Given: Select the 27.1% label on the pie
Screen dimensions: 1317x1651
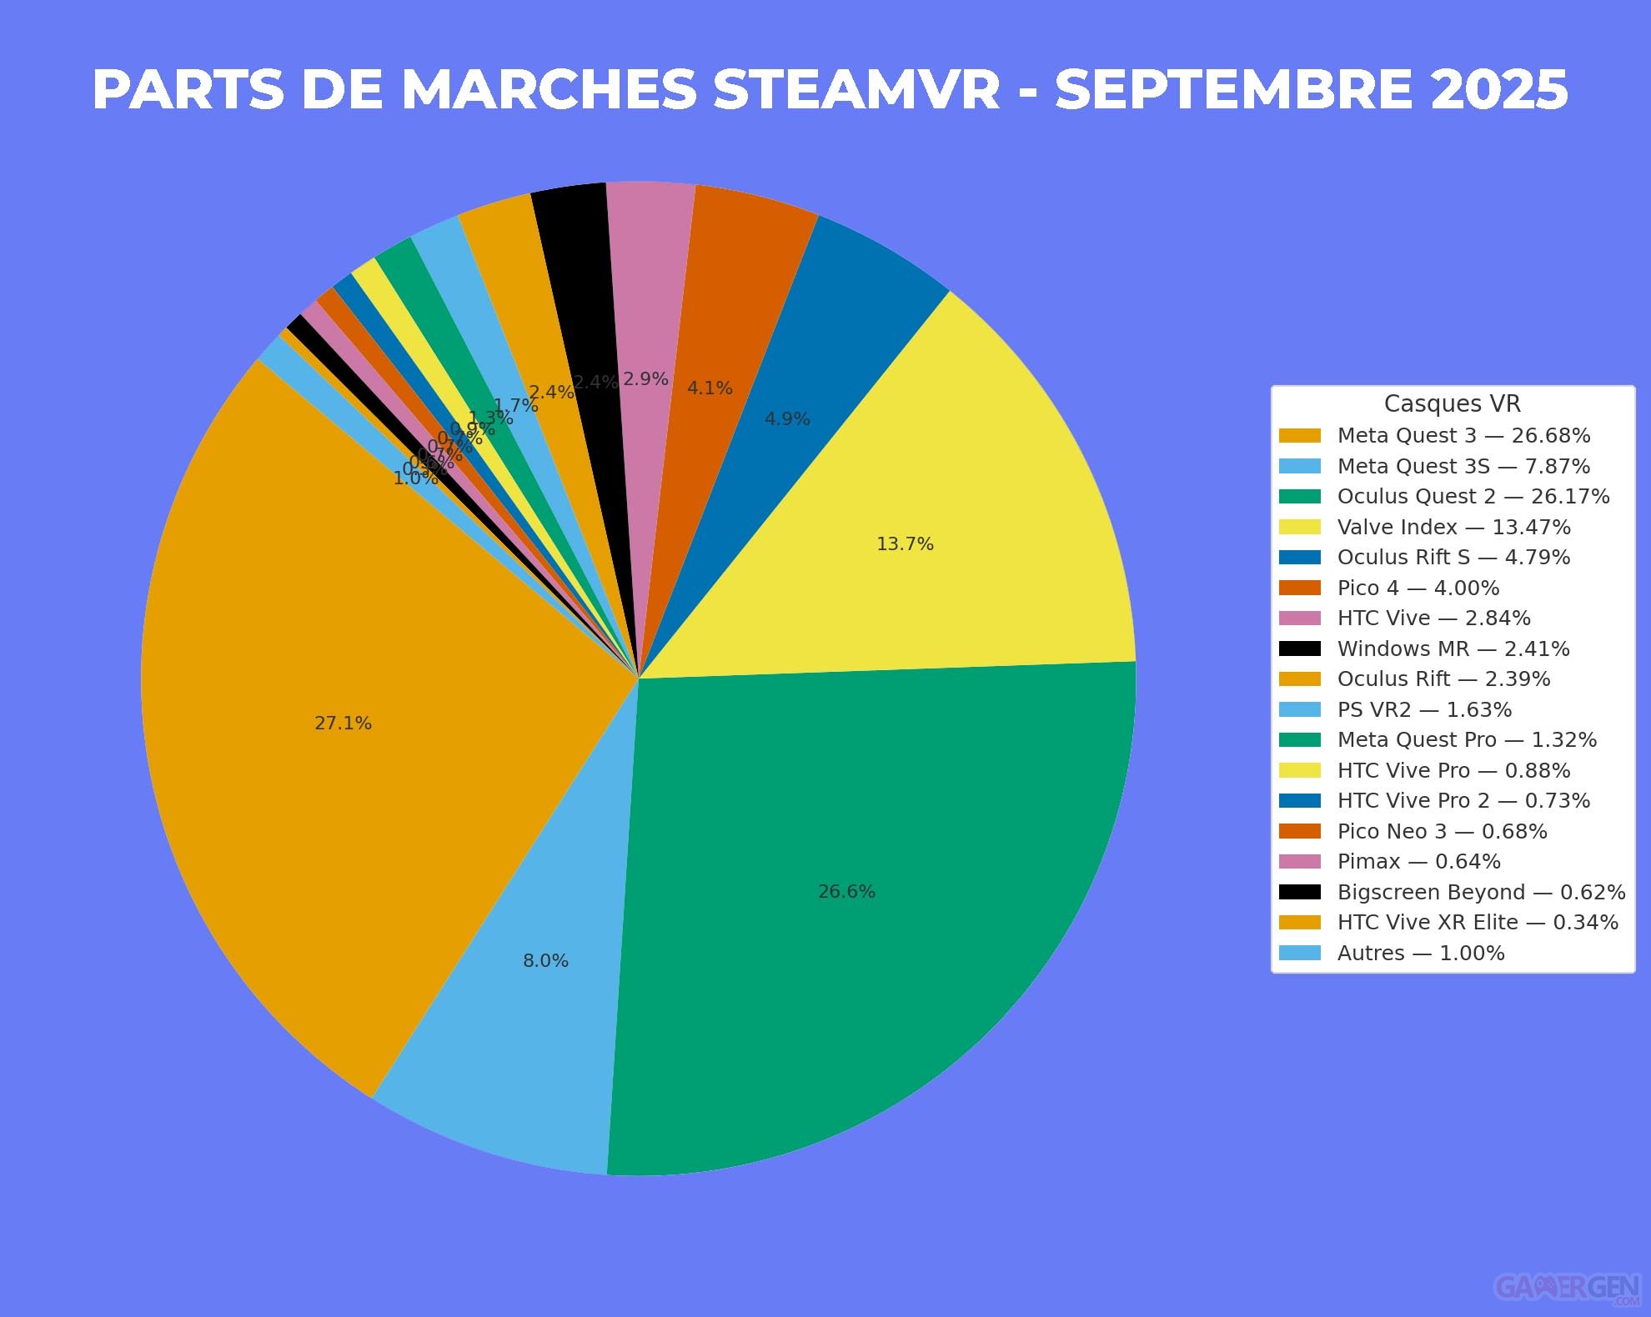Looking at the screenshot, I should click(x=343, y=724).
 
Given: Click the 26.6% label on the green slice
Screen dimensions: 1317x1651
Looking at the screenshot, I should click(x=846, y=892).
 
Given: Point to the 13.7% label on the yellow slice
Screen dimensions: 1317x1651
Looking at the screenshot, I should click(x=905, y=544).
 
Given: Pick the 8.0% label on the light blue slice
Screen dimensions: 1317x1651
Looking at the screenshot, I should click(x=545, y=961).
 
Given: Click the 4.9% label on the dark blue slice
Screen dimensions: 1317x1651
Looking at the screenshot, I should click(x=787, y=419).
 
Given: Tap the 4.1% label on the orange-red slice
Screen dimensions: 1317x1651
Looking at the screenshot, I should click(x=710, y=388).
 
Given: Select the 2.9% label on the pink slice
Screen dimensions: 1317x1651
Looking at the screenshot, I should click(x=645, y=379).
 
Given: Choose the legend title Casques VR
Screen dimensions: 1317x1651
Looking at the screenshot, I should click(x=1452, y=404).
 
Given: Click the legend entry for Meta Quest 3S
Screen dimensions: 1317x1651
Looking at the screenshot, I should click(x=1463, y=466).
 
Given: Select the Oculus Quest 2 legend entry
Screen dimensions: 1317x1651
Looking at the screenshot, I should click(x=1473, y=497).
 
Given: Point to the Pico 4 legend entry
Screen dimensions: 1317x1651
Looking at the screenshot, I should click(x=1418, y=588).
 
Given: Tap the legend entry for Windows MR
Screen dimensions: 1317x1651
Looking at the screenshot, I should click(x=1453, y=649).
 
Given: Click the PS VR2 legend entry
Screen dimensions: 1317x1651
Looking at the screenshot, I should click(x=1424, y=710).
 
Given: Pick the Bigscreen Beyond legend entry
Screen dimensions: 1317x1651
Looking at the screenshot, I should click(x=1481, y=893).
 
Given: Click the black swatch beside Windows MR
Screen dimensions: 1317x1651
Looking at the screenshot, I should click(x=1299, y=649).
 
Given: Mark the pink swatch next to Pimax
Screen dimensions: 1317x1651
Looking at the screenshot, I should click(x=1299, y=862).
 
